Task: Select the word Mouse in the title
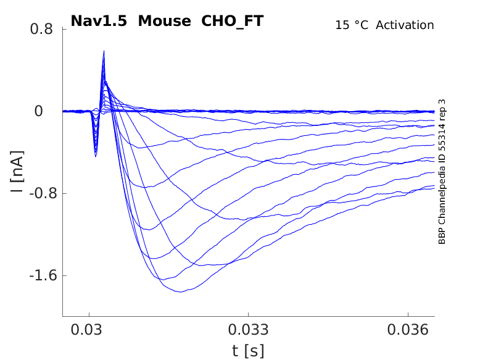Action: point(164,21)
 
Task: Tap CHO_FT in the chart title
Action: point(233,21)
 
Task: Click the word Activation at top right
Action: point(405,25)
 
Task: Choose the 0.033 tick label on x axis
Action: point(248,330)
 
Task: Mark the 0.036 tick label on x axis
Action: point(408,330)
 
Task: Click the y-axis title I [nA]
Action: point(17,172)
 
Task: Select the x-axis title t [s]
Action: point(248,351)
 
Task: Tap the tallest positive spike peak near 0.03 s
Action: point(104,51)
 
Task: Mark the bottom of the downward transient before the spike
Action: point(96,156)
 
